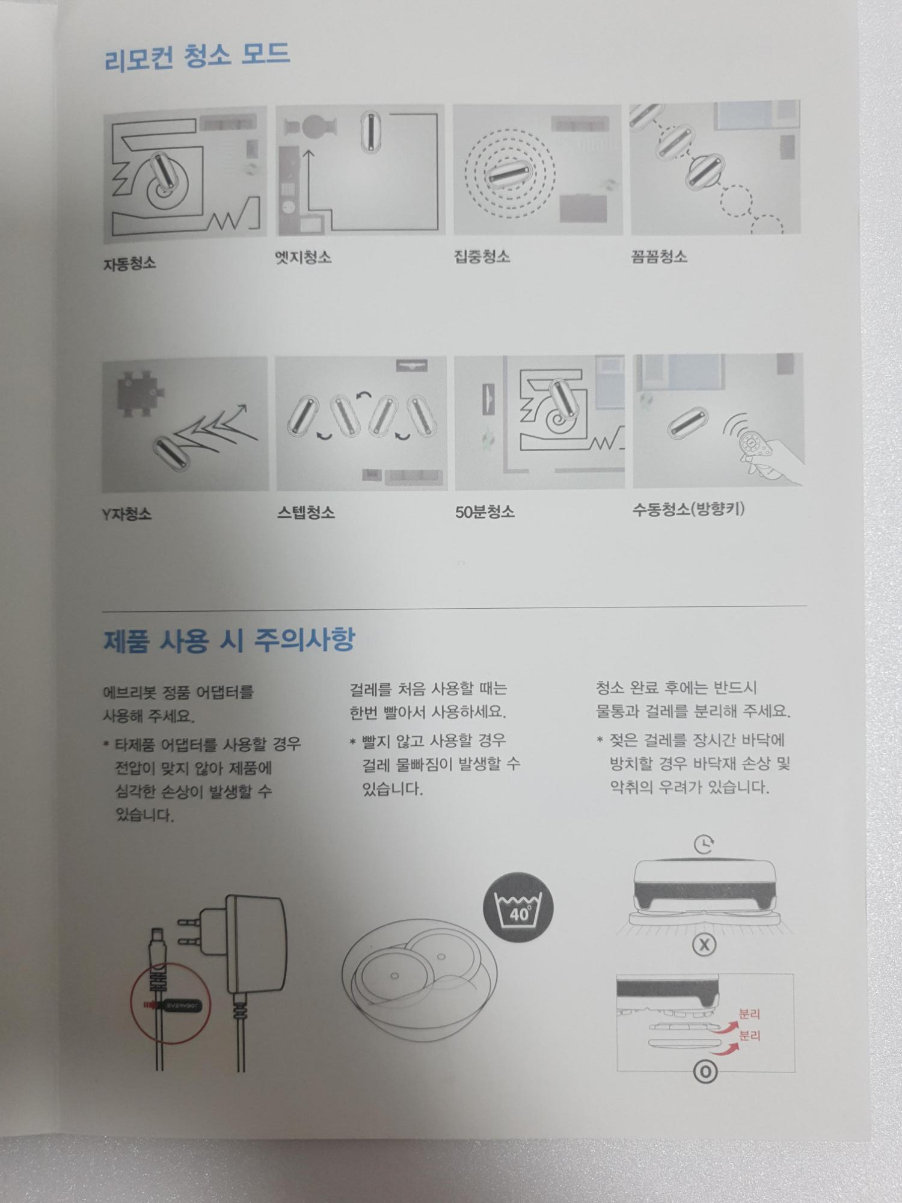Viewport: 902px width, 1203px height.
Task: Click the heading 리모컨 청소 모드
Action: (197, 57)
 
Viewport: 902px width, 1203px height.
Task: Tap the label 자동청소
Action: (129, 263)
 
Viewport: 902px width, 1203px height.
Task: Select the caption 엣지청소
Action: (303, 257)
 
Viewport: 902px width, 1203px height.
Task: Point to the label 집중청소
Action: (482, 257)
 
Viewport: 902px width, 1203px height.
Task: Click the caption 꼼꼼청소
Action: (659, 256)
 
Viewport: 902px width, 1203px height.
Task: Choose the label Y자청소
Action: (127, 514)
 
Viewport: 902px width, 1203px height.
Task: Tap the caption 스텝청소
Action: (305, 512)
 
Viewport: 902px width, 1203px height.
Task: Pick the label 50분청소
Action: (485, 512)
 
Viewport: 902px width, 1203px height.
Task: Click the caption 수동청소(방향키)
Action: (689, 509)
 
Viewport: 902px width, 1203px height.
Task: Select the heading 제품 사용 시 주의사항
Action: (229, 640)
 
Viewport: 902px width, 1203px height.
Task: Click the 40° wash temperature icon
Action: (518, 909)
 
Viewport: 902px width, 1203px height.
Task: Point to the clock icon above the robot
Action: (704, 845)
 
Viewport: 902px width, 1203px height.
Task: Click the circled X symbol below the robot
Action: (704, 945)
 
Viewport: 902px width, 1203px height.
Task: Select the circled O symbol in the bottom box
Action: (705, 1072)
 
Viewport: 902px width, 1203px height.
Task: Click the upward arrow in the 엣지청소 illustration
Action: (309, 180)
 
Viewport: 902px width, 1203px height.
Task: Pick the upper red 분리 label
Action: (749, 1014)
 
